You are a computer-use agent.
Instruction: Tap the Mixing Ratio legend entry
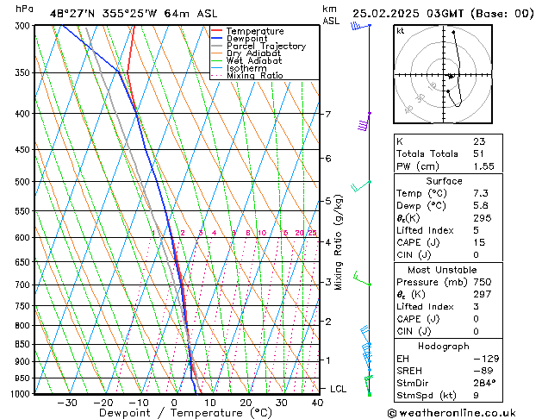254,76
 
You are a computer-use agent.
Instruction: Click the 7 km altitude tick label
327,114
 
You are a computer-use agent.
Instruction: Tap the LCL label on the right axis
339,389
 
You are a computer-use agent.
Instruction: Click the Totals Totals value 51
479,153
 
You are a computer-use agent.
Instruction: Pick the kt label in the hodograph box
401,30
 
